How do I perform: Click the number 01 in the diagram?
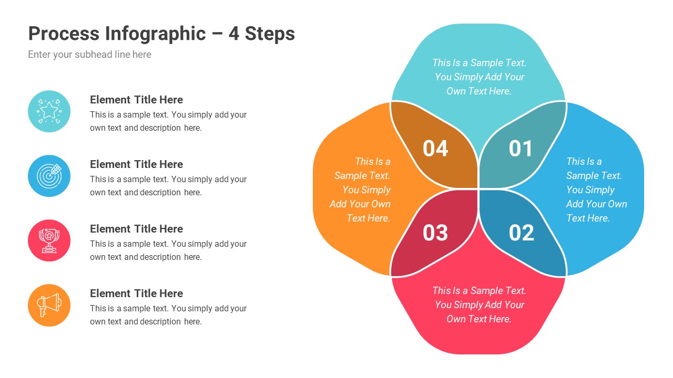pyautogui.click(x=521, y=149)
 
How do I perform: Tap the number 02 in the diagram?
pyautogui.click(x=521, y=233)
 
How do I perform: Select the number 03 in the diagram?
pyautogui.click(x=435, y=233)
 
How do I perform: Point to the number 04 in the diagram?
pyautogui.click(x=435, y=149)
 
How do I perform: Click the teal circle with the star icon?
pyautogui.click(x=49, y=111)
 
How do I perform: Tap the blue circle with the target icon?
pyautogui.click(x=49, y=176)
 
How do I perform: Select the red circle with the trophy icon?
pyautogui.click(x=49, y=240)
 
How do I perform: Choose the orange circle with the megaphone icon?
pyautogui.click(x=49, y=305)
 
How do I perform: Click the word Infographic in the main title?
pyautogui.click(x=155, y=34)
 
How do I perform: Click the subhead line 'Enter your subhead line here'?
pyautogui.click(x=89, y=55)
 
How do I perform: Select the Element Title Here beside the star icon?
pyautogui.click(x=136, y=100)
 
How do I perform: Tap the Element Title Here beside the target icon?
pyautogui.click(x=136, y=164)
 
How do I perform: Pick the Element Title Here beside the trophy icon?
pyautogui.click(x=136, y=229)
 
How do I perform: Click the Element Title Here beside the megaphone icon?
pyautogui.click(x=136, y=293)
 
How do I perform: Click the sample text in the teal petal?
pyautogui.click(x=479, y=77)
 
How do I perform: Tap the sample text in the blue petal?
pyautogui.click(x=596, y=190)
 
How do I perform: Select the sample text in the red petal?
pyautogui.click(x=479, y=304)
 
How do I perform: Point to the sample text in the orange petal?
pyautogui.click(x=361, y=190)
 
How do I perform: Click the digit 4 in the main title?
pyautogui.click(x=234, y=34)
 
